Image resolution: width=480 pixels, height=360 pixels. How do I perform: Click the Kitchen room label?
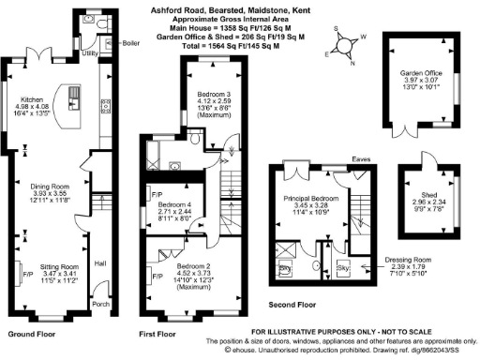[34, 97]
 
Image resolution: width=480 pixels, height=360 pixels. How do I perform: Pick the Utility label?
[90, 55]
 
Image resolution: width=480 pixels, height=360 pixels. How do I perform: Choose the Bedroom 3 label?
[213, 95]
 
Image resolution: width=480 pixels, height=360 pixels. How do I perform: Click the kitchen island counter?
[71, 100]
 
